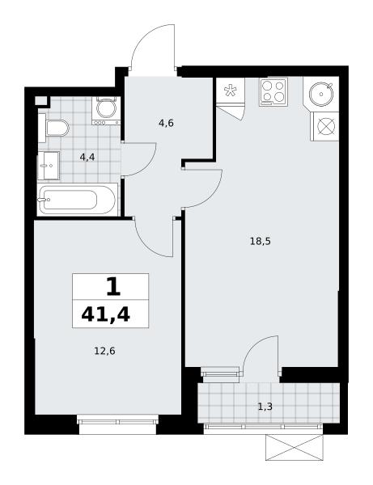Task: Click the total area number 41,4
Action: tap(105, 315)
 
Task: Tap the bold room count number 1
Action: tap(113, 287)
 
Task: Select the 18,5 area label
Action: tap(260, 241)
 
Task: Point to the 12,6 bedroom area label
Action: tap(104, 351)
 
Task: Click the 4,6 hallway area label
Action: tap(166, 123)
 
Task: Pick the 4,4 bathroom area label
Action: tap(87, 158)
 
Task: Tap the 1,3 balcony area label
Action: tap(265, 407)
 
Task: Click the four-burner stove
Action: tap(273, 91)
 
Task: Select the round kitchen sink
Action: tap(321, 94)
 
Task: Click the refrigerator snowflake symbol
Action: tap(231, 91)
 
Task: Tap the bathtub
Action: tap(77, 200)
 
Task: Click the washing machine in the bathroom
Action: tap(106, 111)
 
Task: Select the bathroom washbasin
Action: tap(49, 166)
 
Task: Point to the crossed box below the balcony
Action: tap(294, 447)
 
